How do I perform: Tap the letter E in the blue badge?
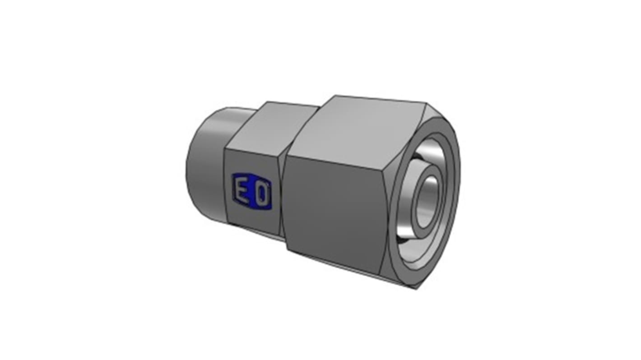[x=240, y=192]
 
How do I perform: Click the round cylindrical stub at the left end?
[x=205, y=162]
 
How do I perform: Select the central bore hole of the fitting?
[x=427, y=201]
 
